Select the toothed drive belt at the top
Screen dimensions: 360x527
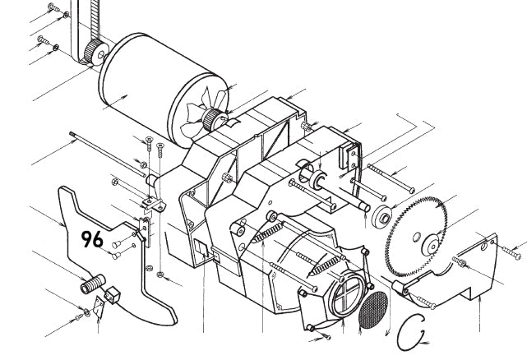pyautogui.click(x=81, y=25)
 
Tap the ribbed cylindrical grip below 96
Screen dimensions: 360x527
pyautogui.click(x=89, y=284)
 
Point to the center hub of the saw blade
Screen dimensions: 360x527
pyautogui.click(x=429, y=243)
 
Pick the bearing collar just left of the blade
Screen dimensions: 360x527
pyautogui.click(x=381, y=219)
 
